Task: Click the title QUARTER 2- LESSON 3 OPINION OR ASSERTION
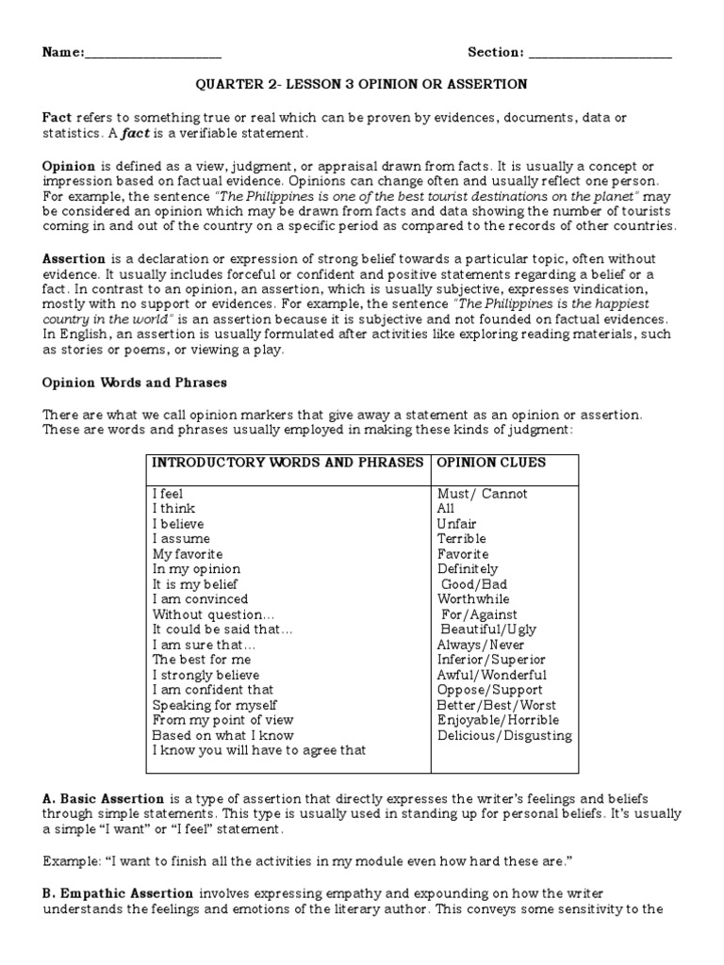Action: [x=361, y=84]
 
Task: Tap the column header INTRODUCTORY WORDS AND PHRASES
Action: [x=288, y=463]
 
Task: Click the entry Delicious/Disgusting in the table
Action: [x=504, y=735]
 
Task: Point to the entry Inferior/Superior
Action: [x=491, y=660]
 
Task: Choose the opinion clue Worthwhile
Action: [x=473, y=599]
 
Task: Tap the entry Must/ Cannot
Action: [x=483, y=494]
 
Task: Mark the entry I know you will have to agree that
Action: [x=258, y=750]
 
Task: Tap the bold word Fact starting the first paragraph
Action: [x=57, y=117]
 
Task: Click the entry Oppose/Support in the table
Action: [x=490, y=690]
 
